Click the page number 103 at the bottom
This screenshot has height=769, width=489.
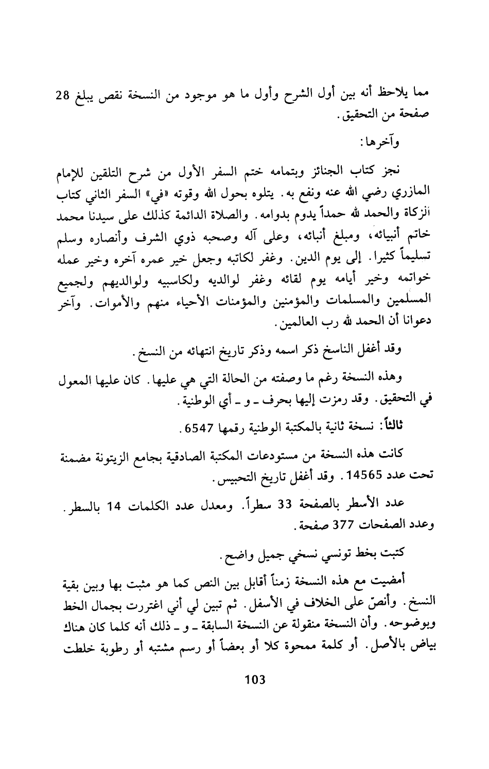point(255,679)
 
